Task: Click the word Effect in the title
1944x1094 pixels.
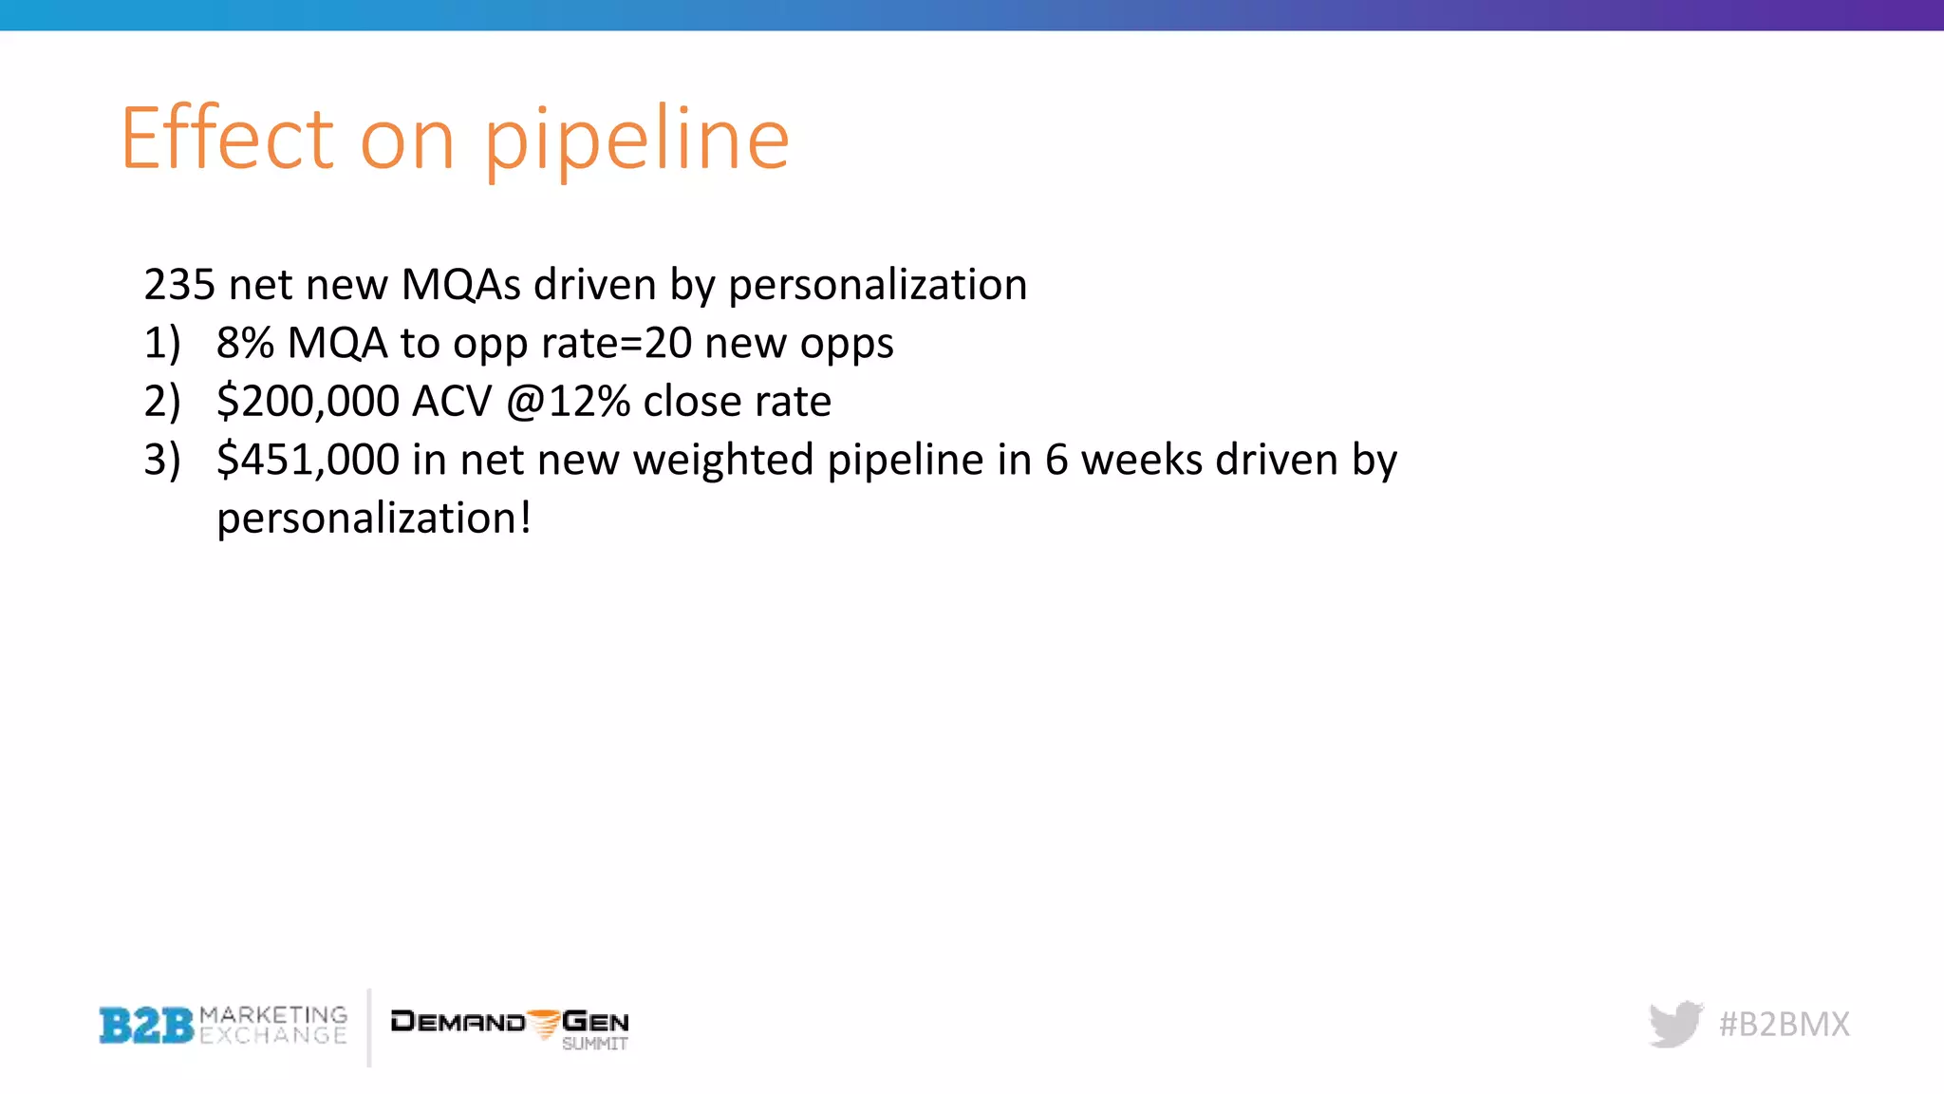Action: (x=228, y=139)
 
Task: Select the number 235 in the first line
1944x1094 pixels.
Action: (x=179, y=285)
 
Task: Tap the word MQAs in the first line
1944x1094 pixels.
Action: (x=461, y=285)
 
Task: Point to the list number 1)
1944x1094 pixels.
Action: (x=162, y=344)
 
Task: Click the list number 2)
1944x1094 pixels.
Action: (x=162, y=402)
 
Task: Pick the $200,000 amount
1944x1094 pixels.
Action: (x=308, y=402)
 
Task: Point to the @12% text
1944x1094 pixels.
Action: (x=568, y=402)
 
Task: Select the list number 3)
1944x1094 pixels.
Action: (x=162, y=461)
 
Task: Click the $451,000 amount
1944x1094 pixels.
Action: (x=308, y=461)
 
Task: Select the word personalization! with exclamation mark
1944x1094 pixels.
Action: (x=373, y=519)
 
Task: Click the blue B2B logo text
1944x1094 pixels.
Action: (x=146, y=1026)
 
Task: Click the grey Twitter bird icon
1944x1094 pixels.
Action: (x=1675, y=1024)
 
